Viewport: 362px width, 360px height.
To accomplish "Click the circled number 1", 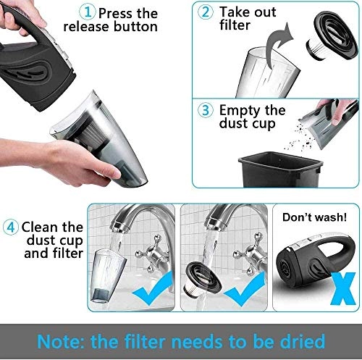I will pos(89,12).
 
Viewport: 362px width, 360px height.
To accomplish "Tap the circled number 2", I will pos(206,12).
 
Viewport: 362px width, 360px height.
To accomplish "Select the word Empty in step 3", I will pos(242,112).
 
